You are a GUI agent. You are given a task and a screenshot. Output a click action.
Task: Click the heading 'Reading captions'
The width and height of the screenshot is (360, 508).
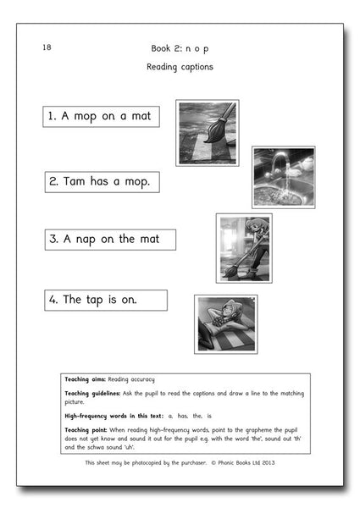coord(179,66)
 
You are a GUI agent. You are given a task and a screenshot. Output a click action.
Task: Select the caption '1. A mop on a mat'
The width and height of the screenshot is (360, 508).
coord(101,117)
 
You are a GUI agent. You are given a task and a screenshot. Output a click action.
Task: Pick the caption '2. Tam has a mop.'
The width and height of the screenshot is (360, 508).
coord(102,181)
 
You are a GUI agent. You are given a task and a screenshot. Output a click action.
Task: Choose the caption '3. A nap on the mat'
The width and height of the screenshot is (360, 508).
coord(110,240)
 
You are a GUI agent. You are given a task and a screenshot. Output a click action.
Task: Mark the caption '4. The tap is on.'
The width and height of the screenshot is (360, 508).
coord(106,301)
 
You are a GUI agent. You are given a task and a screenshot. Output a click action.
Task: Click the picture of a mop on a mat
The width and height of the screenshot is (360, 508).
coord(207,133)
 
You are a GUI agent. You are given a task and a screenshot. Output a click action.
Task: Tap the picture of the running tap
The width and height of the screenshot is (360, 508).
coord(283,177)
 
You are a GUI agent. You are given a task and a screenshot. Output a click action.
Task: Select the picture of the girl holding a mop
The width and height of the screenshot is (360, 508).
coord(244,247)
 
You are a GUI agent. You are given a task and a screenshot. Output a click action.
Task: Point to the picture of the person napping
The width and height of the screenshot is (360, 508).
coord(225,323)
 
